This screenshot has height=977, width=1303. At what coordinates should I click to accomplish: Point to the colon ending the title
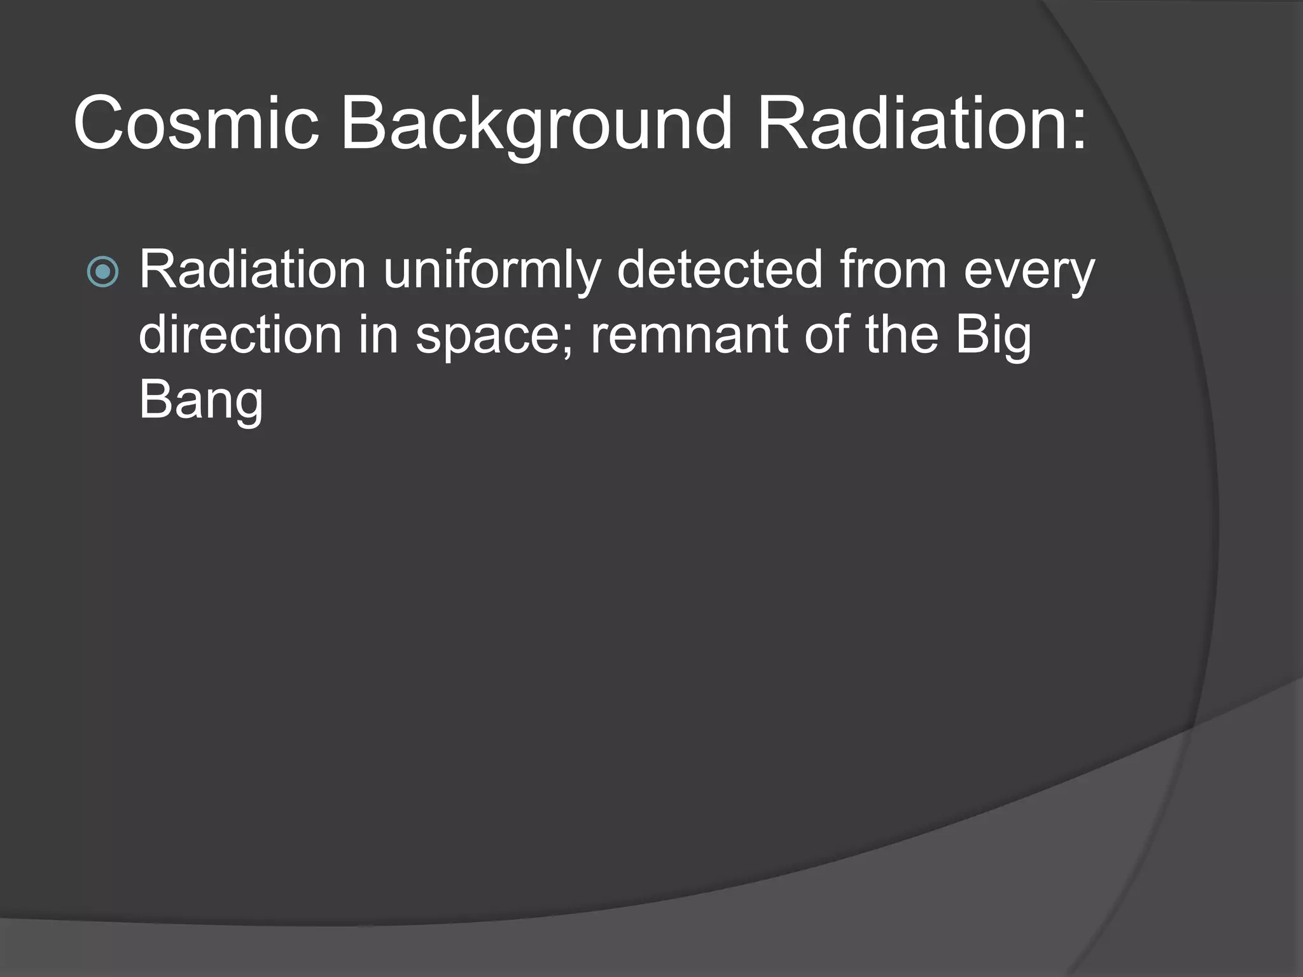(x=1077, y=130)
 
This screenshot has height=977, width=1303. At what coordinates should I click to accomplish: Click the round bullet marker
(x=102, y=272)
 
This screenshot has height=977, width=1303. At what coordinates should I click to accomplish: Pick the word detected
(x=720, y=270)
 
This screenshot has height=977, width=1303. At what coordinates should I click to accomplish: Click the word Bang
(x=200, y=401)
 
